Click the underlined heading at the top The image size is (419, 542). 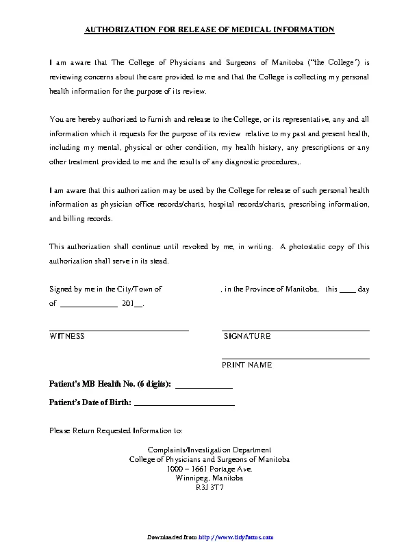point(209,29)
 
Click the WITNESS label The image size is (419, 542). point(67,336)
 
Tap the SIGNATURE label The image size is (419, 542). point(247,336)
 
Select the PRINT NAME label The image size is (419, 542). point(246,365)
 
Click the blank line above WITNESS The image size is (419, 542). point(119,331)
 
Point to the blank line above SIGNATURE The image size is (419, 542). point(296,331)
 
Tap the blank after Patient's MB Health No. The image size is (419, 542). point(204,387)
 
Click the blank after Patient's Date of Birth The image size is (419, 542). point(184,405)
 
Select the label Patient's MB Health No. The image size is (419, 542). point(110,384)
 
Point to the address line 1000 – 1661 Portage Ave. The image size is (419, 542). point(209,469)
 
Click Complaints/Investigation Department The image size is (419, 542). point(209,450)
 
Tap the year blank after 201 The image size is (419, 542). point(138,306)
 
